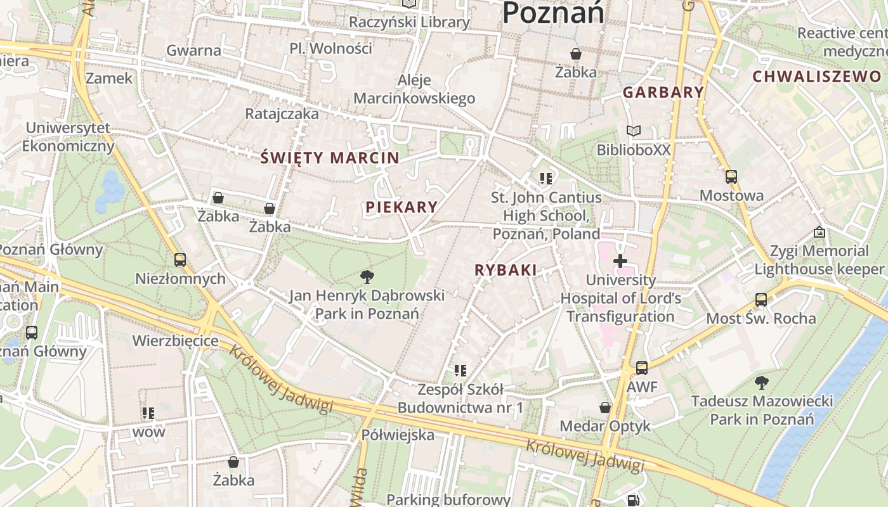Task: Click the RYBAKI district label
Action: pos(506,270)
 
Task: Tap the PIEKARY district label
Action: pos(402,207)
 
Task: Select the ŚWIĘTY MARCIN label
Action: pos(330,158)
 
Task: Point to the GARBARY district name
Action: pos(663,93)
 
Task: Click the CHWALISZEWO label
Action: pos(817,77)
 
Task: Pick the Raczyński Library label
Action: pos(410,22)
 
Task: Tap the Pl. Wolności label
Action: pos(330,48)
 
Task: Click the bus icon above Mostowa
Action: pos(731,177)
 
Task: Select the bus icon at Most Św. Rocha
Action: pos(761,300)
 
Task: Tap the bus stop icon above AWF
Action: pos(642,368)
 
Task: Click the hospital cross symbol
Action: pos(620,260)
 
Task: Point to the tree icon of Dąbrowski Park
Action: pos(367,276)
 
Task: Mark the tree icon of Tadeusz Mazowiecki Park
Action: pos(761,382)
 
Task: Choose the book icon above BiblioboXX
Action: pos(633,131)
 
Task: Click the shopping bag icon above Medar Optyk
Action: pos(605,407)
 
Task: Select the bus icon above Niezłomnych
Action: pos(180,260)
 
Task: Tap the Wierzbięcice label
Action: pos(175,341)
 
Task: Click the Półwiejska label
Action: pos(398,435)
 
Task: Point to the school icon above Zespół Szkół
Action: pos(460,370)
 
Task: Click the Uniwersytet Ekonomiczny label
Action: pos(69,137)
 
